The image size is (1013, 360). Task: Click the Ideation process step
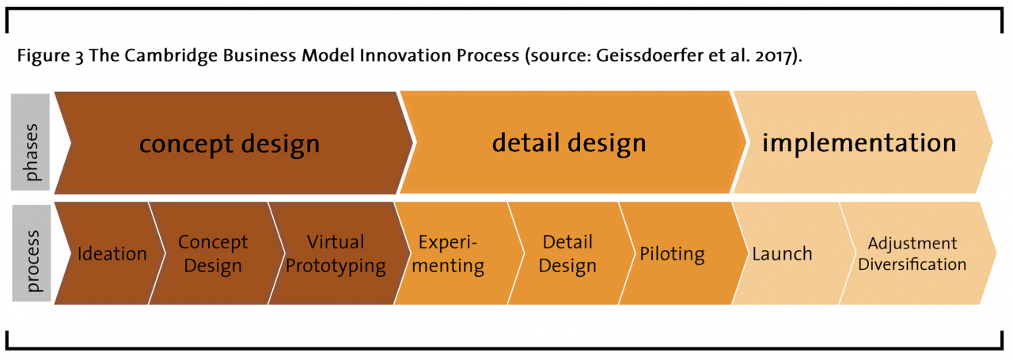coord(112,254)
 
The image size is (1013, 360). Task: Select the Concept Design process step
coord(212,254)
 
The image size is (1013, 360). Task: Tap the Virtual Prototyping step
coord(336,254)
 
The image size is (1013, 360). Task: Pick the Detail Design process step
coord(567,254)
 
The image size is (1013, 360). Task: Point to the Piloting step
coord(672,254)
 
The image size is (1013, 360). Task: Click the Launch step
coord(782,254)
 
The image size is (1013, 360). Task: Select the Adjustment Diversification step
coord(912,254)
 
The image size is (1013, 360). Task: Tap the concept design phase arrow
coord(230,144)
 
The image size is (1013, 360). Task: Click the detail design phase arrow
coord(569,143)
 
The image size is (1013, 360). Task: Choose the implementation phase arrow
coord(859,143)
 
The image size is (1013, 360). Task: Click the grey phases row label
coord(31,142)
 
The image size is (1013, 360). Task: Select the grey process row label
coord(31,253)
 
